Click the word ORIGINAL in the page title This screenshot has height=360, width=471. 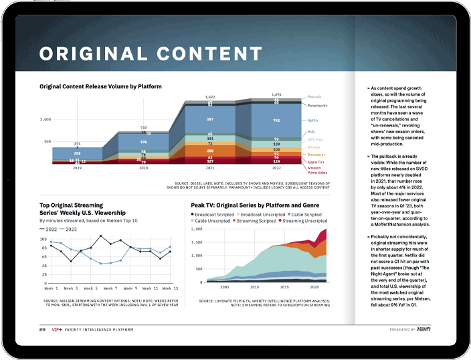[x=96, y=54]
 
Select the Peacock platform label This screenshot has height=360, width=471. [x=314, y=96]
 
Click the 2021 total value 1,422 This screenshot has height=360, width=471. [x=211, y=96]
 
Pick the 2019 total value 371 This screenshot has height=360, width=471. [x=78, y=144]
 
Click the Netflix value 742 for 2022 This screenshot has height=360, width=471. [x=276, y=120]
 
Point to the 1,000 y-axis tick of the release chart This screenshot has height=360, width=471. [x=45, y=120]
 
